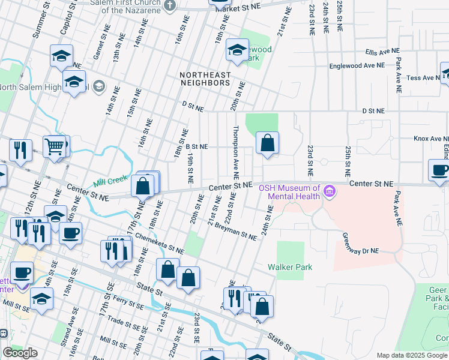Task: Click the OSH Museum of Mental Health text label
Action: [288, 192]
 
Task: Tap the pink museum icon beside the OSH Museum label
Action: [328, 192]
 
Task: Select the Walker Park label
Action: [290, 267]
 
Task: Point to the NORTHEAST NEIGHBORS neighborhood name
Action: [205, 79]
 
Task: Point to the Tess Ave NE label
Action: [424, 78]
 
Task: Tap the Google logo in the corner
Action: [20, 353]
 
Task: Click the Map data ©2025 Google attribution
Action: [412, 355]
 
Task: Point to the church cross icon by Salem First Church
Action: [170, 5]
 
